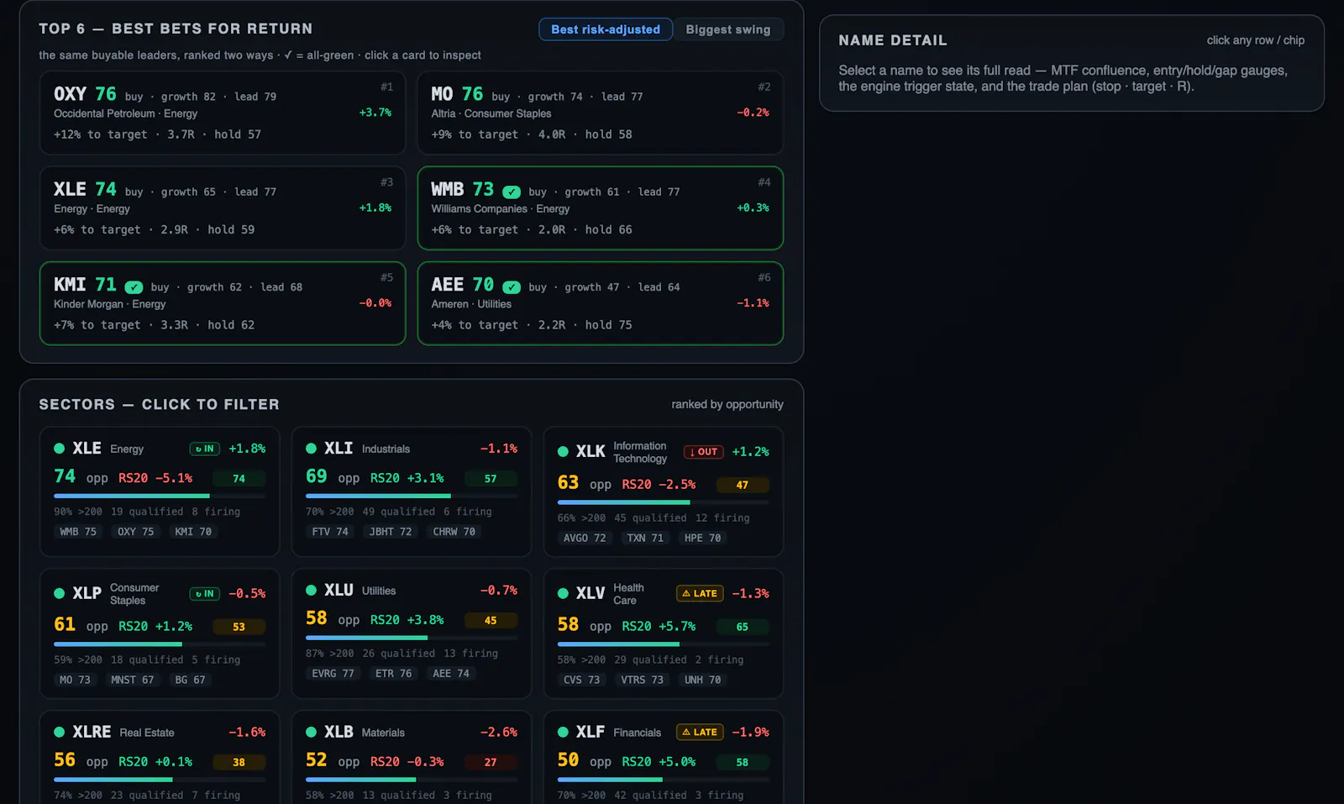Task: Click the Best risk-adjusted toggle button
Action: point(606,29)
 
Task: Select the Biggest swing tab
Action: point(727,29)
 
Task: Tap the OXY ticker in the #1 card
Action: point(71,94)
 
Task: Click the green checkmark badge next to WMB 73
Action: point(512,192)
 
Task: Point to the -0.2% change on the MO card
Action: point(753,113)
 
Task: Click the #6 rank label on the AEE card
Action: point(764,277)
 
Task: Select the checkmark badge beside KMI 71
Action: point(134,287)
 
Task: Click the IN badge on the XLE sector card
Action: point(205,449)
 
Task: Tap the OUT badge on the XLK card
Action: point(703,452)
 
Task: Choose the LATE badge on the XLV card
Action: point(700,593)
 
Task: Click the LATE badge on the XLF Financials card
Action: point(700,732)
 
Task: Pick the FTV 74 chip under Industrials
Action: point(330,532)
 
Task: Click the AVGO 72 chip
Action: point(585,538)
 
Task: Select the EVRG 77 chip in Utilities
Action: point(333,673)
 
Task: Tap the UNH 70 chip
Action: point(702,680)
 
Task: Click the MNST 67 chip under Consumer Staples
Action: point(132,680)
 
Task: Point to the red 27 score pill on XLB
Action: point(491,762)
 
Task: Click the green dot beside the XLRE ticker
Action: point(60,732)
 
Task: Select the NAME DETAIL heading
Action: point(893,40)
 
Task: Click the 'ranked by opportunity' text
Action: point(727,404)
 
